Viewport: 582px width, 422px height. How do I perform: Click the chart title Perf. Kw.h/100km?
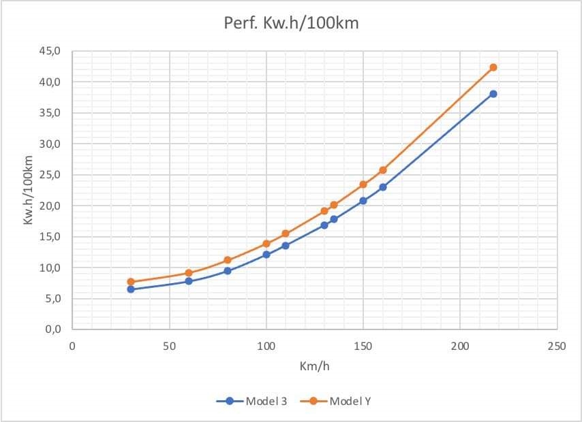click(x=291, y=22)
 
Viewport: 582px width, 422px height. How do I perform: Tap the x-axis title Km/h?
click(x=314, y=366)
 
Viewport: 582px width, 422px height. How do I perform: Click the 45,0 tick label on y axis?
click(x=52, y=51)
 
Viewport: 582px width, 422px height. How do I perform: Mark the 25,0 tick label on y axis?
click(x=52, y=175)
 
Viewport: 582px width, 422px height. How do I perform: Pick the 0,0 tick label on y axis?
click(x=52, y=329)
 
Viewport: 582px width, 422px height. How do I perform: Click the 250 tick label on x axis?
click(x=556, y=346)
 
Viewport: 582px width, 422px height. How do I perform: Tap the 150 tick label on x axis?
click(x=363, y=346)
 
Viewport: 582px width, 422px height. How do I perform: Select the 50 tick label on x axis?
click(x=169, y=346)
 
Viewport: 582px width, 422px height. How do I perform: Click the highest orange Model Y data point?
click(x=493, y=67)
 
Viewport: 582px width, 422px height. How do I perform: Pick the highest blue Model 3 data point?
click(x=493, y=94)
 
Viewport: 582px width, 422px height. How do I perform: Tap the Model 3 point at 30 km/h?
click(x=131, y=289)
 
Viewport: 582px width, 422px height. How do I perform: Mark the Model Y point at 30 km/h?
click(x=131, y=282)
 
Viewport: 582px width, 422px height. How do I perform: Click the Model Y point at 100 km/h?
click(x=266, y=244)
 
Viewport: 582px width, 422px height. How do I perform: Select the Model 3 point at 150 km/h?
click(x=363, y=201)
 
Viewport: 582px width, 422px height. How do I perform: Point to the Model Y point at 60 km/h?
click(x=189, y=273)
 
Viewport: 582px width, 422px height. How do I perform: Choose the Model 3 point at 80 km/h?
click(x=228, y=271)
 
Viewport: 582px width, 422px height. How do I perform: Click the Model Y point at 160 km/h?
click(x=383, y=170)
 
